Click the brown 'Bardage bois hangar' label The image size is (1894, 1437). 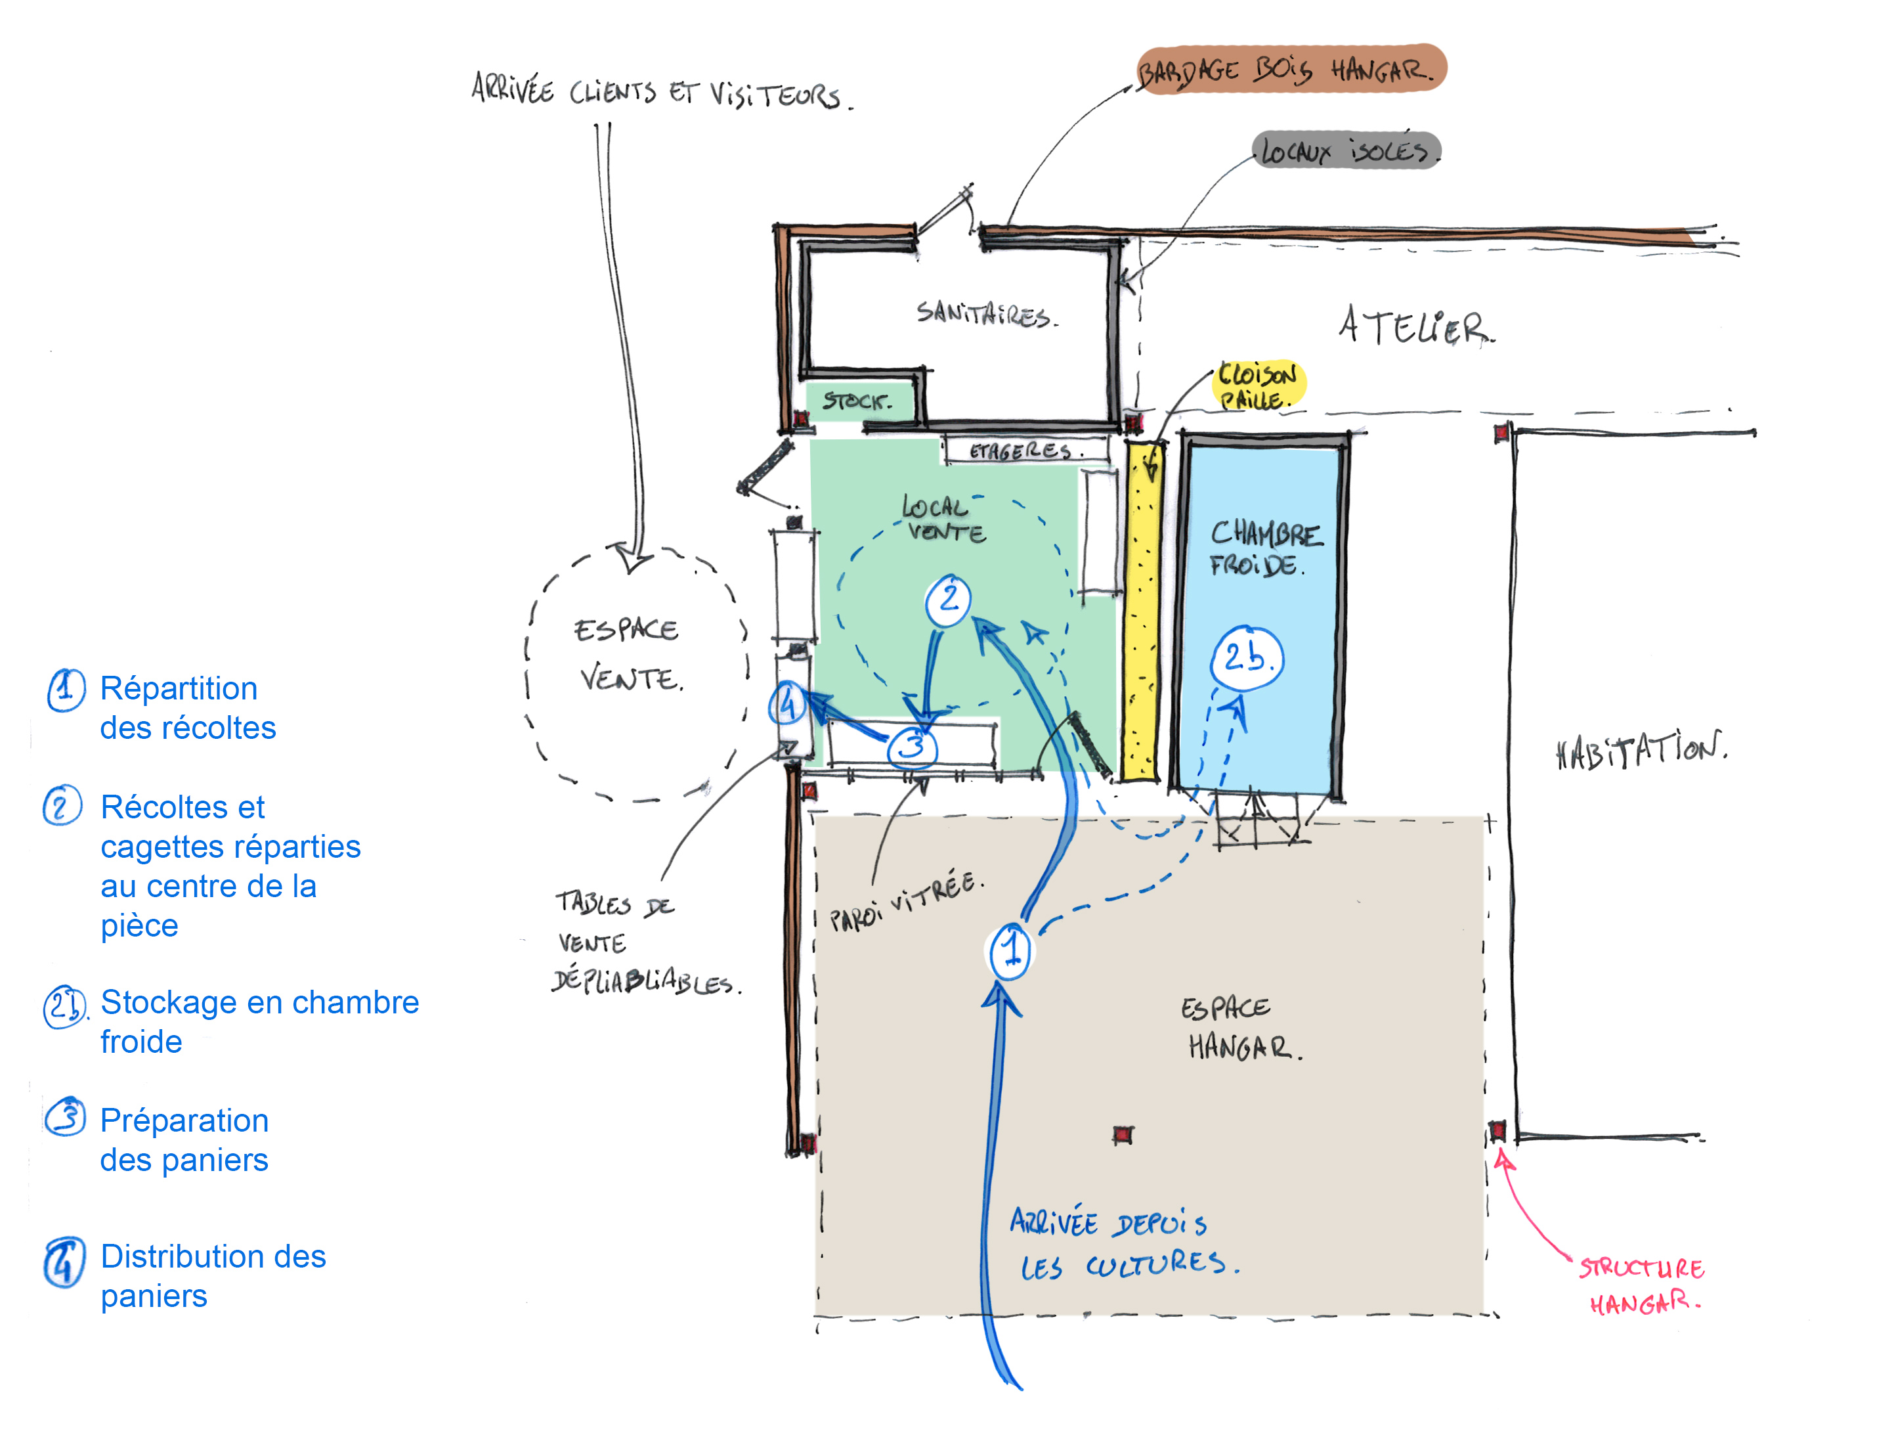(1291, 68)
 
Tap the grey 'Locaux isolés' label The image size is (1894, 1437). (1346, 150)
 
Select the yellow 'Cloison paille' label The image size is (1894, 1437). (1258, 386)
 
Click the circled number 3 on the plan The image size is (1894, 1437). (913, 747)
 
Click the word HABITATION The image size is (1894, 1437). (1641, 750)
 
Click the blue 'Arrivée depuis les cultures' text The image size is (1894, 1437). (1124, 1243)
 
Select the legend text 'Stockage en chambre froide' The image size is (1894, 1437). (259, 1022)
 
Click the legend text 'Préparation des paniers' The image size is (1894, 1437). (184, 1140)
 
